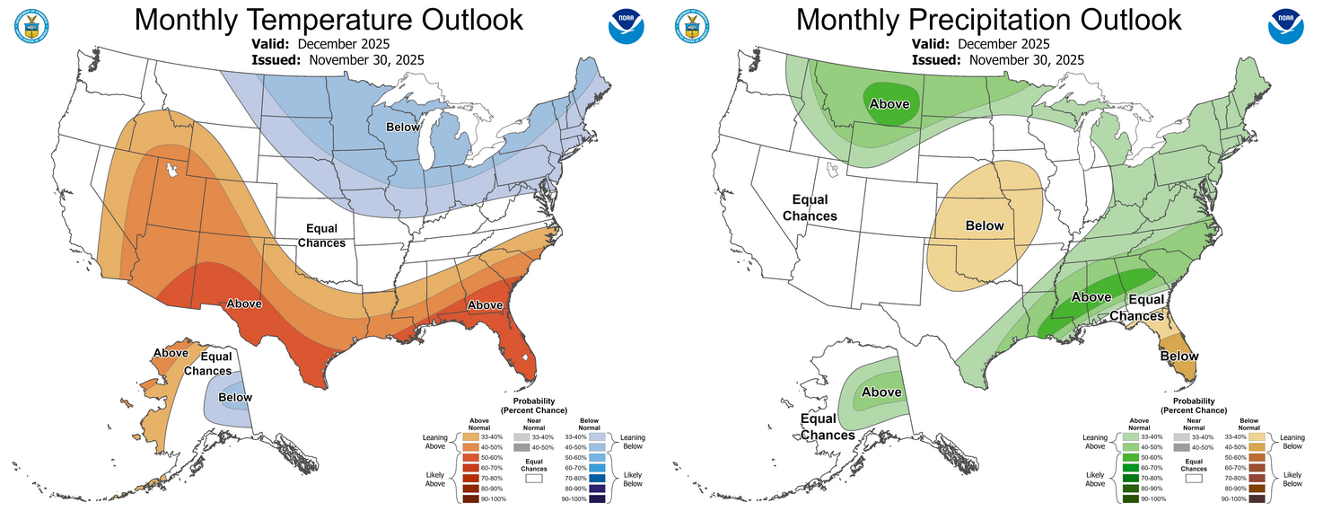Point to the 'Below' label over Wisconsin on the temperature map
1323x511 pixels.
coord(403,128)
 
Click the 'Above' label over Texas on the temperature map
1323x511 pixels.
coord(243,304)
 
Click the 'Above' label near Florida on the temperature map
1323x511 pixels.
coord(485,305)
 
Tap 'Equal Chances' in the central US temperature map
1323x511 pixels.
coord(321,235)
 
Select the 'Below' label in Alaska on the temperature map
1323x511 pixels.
coord(234,398)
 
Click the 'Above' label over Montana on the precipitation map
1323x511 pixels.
coord(889,104)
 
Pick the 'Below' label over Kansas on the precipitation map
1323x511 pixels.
coord(985,225)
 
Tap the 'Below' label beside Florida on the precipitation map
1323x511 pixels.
coord(1178,357)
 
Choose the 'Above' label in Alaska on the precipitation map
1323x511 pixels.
coord(881,392)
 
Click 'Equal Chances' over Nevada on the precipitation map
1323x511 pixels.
coord(810,207)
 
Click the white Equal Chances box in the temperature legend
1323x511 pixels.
coord(534,480)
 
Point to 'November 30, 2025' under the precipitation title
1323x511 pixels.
coord(1026,59)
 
